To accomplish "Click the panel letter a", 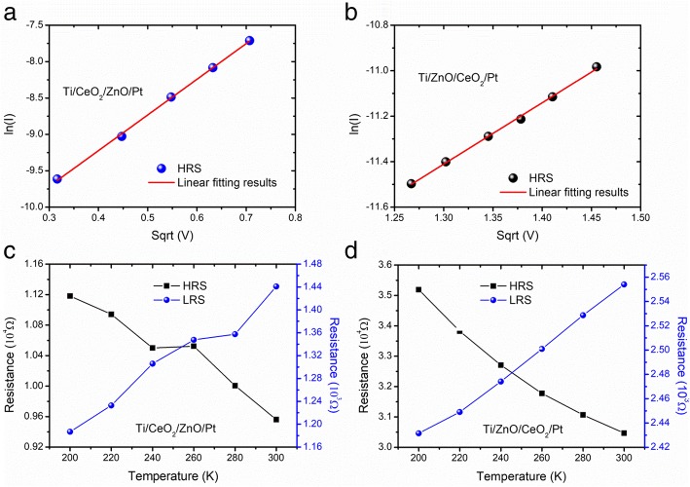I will click(8, 11).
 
